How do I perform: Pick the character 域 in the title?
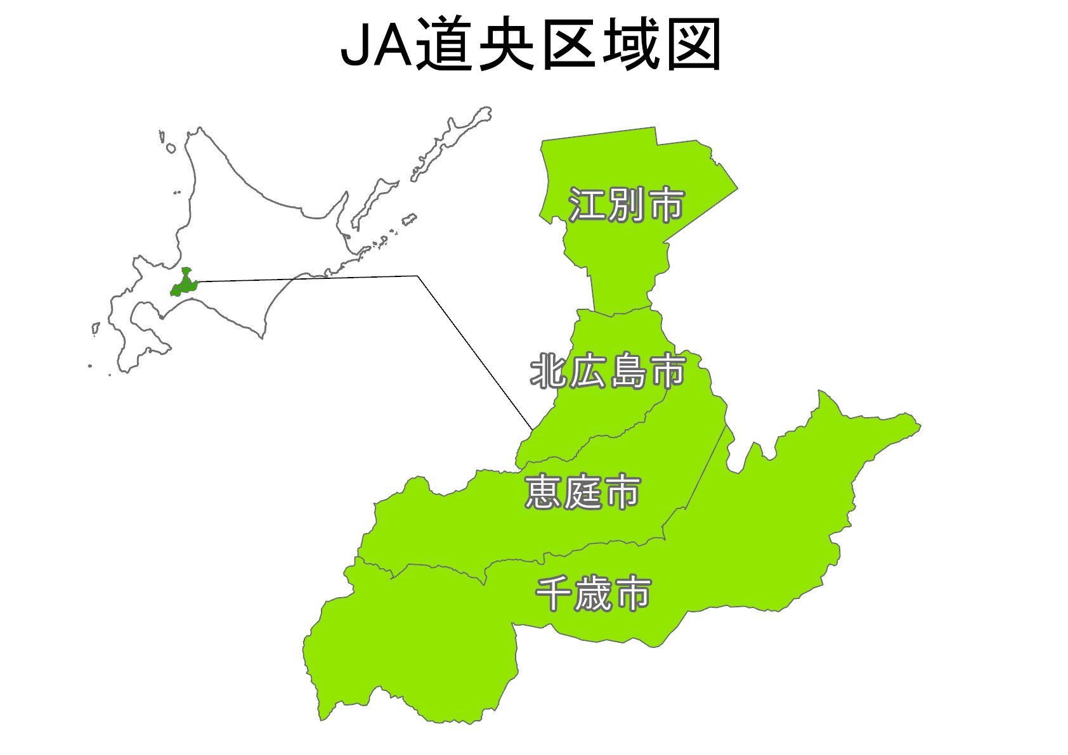(632, 44)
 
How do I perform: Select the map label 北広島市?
(608, 371)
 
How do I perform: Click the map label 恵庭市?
(582, 492)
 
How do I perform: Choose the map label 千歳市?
(593, 594)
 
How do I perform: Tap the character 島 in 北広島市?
(628, 371)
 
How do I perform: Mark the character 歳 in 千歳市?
(594, 594)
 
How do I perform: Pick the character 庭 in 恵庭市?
(583, 492)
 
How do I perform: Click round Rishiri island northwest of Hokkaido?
(171, 148)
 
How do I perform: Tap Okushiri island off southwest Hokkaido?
(96, 328)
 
